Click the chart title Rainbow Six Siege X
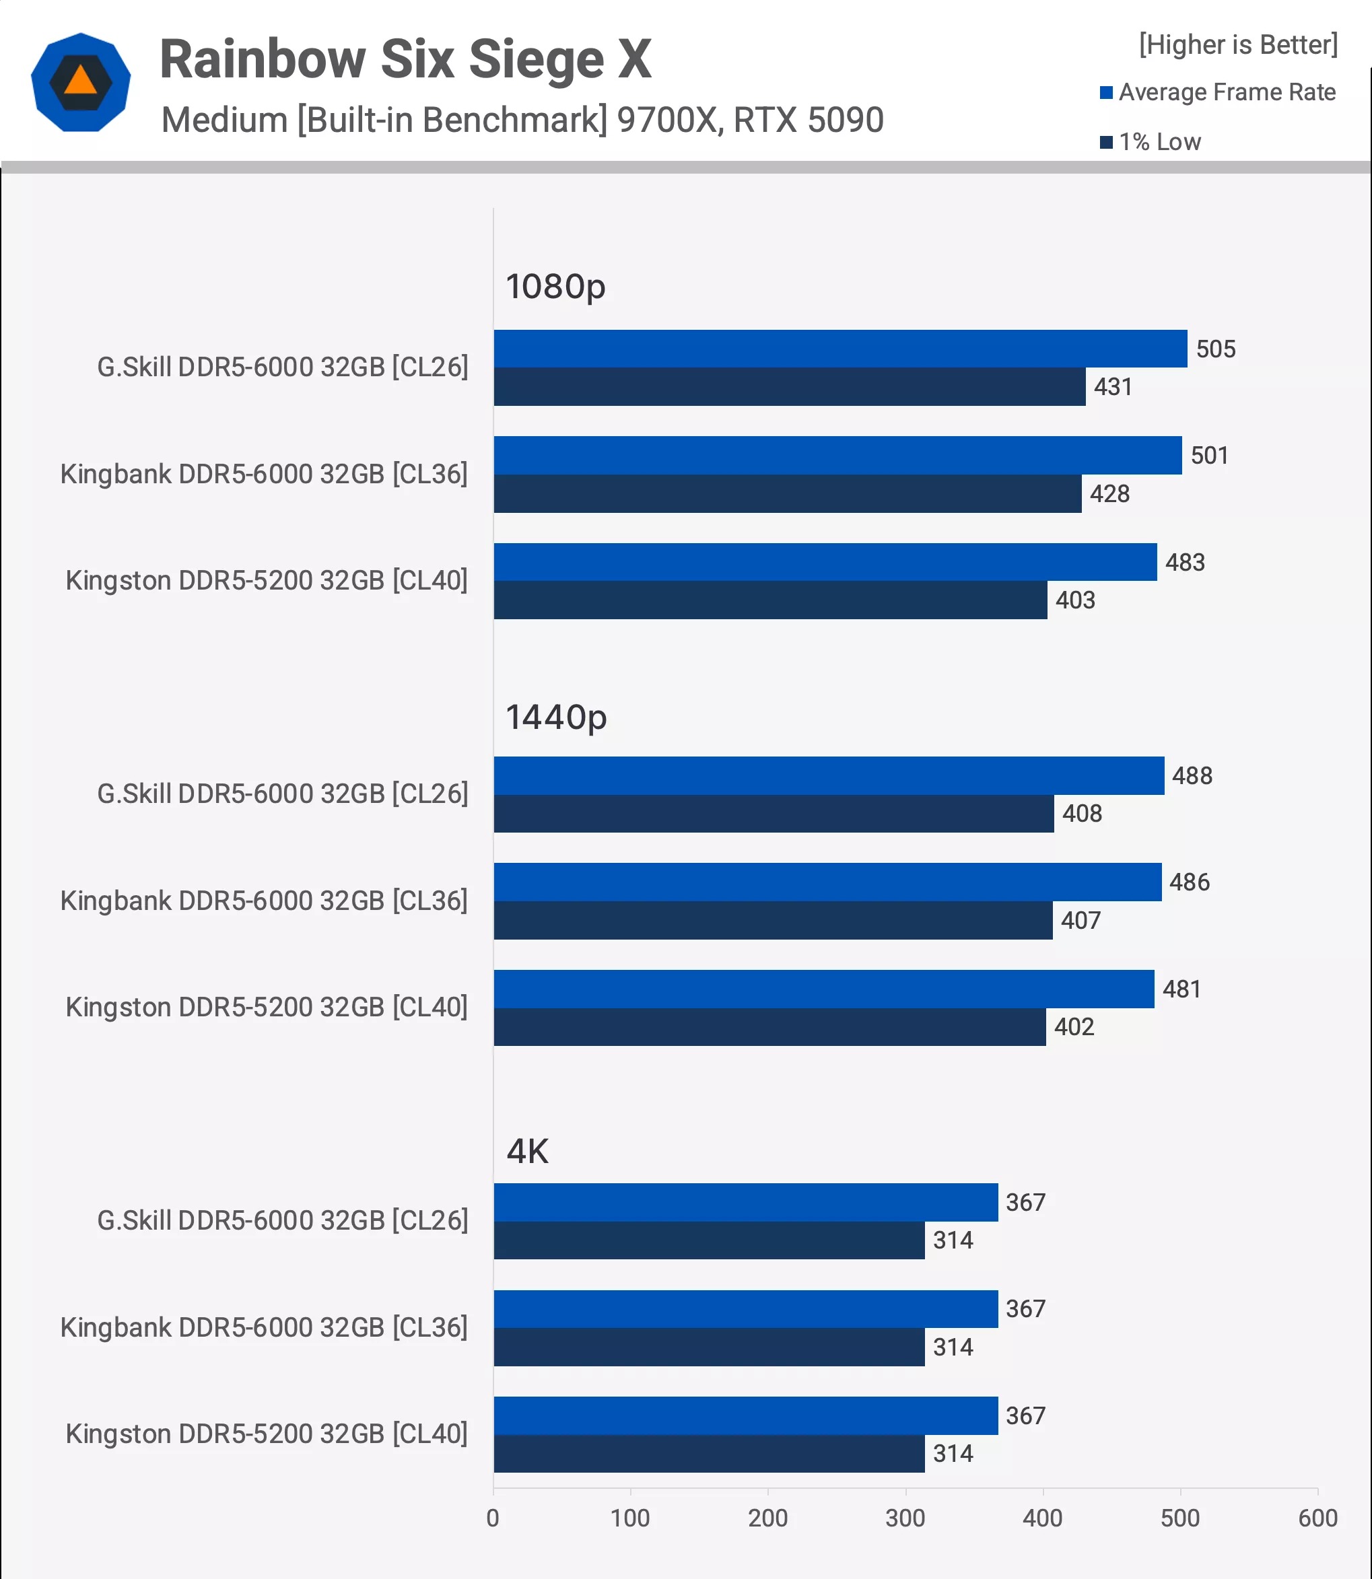click(x=405, y=59)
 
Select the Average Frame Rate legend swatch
click(x=1105, y=93)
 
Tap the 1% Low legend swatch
click(x=1105, y=143)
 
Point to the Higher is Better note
click(x=1237, y=44)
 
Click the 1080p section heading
click(x=555, y=286)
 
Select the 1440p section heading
click(x=556, y=717)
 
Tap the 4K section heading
click(x=528, y=1151)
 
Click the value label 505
click(x=1215, y=349)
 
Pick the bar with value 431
click(x=788, y=386)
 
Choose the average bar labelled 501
click(x=837, y=456)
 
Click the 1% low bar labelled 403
click(x=769, y=600)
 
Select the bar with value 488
click(x=829, y=775)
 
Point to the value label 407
click(x=1081, y=920)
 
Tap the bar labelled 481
click(x=823, y=989)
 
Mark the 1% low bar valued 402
click(x=769, y=1026)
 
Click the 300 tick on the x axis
click(x=905, y=1518)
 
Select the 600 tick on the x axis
click(x=1317, y=1518)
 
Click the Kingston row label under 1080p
click(x=267, y=581)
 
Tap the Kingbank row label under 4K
click(x=263, y=1327)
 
